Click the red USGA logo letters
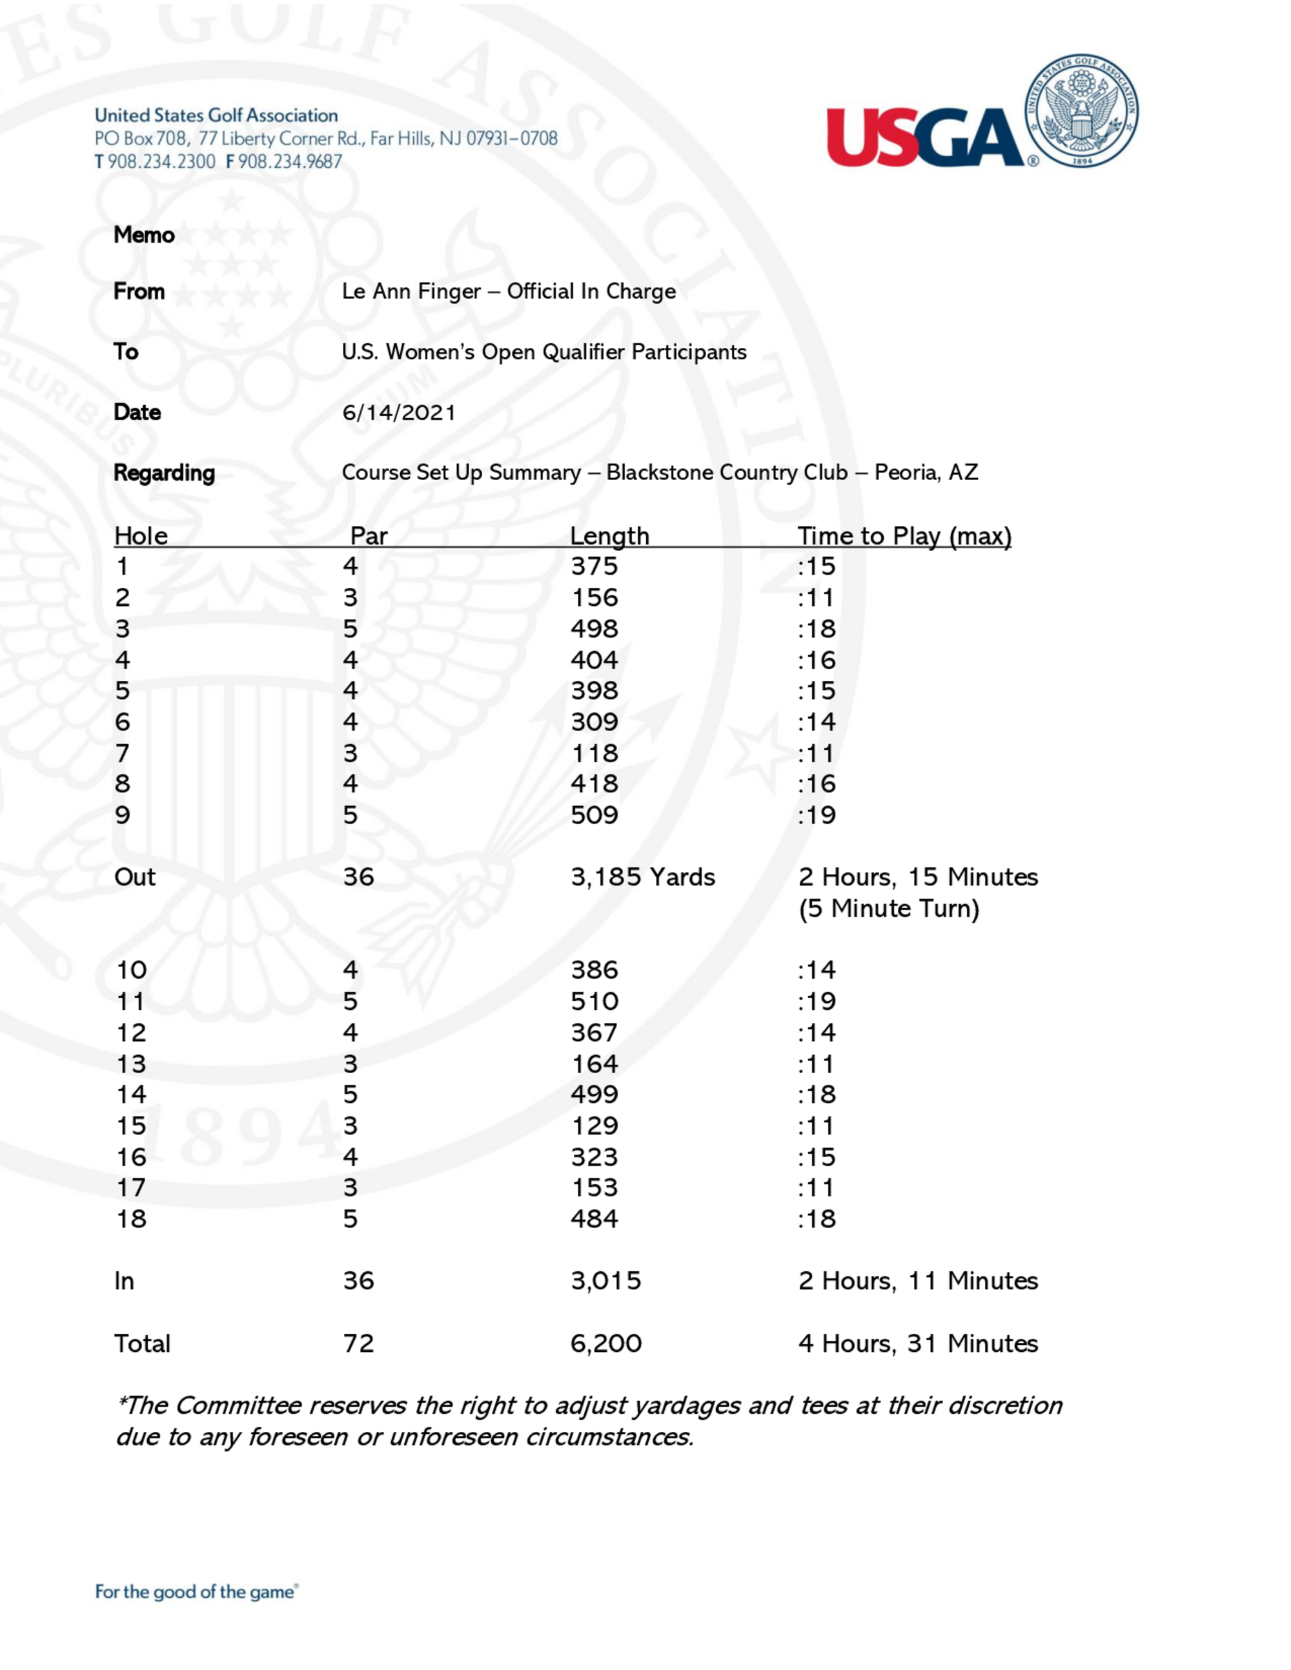click(924, 137)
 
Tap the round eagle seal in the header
click(1081, 112)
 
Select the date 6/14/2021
click(398, 413)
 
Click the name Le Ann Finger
click(411, 291)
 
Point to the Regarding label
click(164, 474)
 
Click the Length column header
click(609, 536)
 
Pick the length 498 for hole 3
click(595, 629)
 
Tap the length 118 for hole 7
click(595, 754)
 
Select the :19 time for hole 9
click(817, 815)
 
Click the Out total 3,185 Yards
click(642, 877)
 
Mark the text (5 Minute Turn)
click(889, 909)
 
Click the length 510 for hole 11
click(595, 1001)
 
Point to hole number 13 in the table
click(131, 1064)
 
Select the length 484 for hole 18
click(595, 1219)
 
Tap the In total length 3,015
click(605, 1281)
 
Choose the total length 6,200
click(605, 1343)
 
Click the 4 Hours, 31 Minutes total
click(918, 1343)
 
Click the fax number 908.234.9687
click(290, 162)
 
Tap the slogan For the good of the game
click(196, 1592)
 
